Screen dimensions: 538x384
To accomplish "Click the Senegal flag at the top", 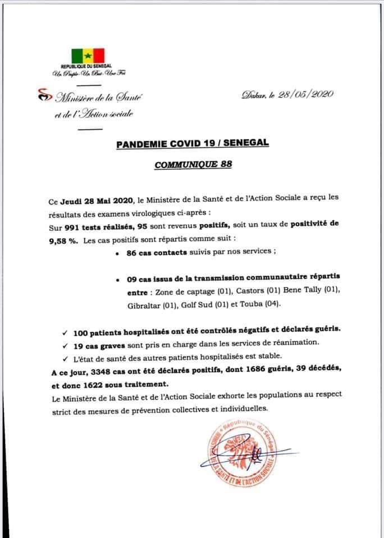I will [x=88, y=55].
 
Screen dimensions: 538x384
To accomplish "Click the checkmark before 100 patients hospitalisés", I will [x=65, y=330].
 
